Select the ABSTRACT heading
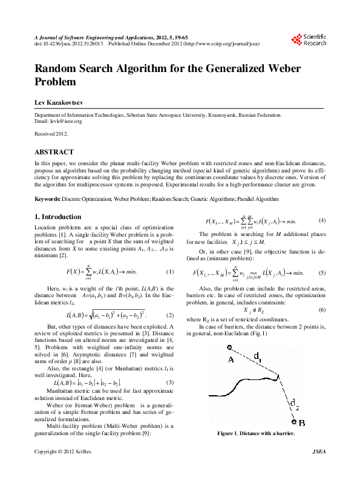54,152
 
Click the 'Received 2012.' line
51,133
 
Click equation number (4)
322,220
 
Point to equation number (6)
322,310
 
